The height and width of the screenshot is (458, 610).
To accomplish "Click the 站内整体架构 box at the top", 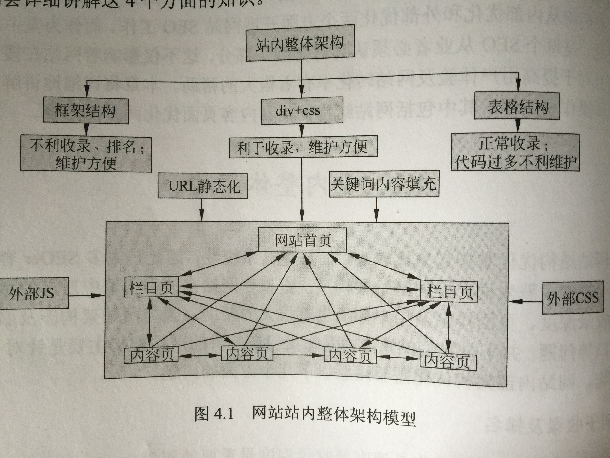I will pos(300,43).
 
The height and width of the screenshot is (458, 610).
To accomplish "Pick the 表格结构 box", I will pos(517,106).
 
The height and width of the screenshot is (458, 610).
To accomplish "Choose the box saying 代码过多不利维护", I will pos(515,152).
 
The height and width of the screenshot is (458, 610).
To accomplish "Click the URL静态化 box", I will pos(202,186).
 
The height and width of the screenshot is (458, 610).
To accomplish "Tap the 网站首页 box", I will pos(303,240).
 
